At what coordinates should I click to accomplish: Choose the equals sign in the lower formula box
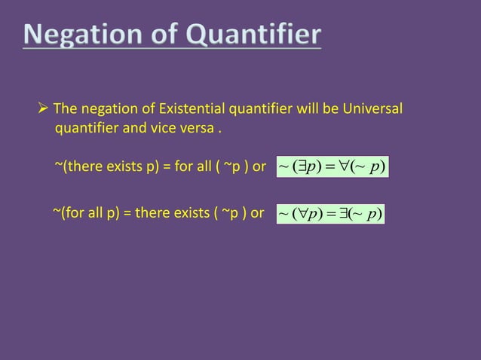[330, 214]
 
